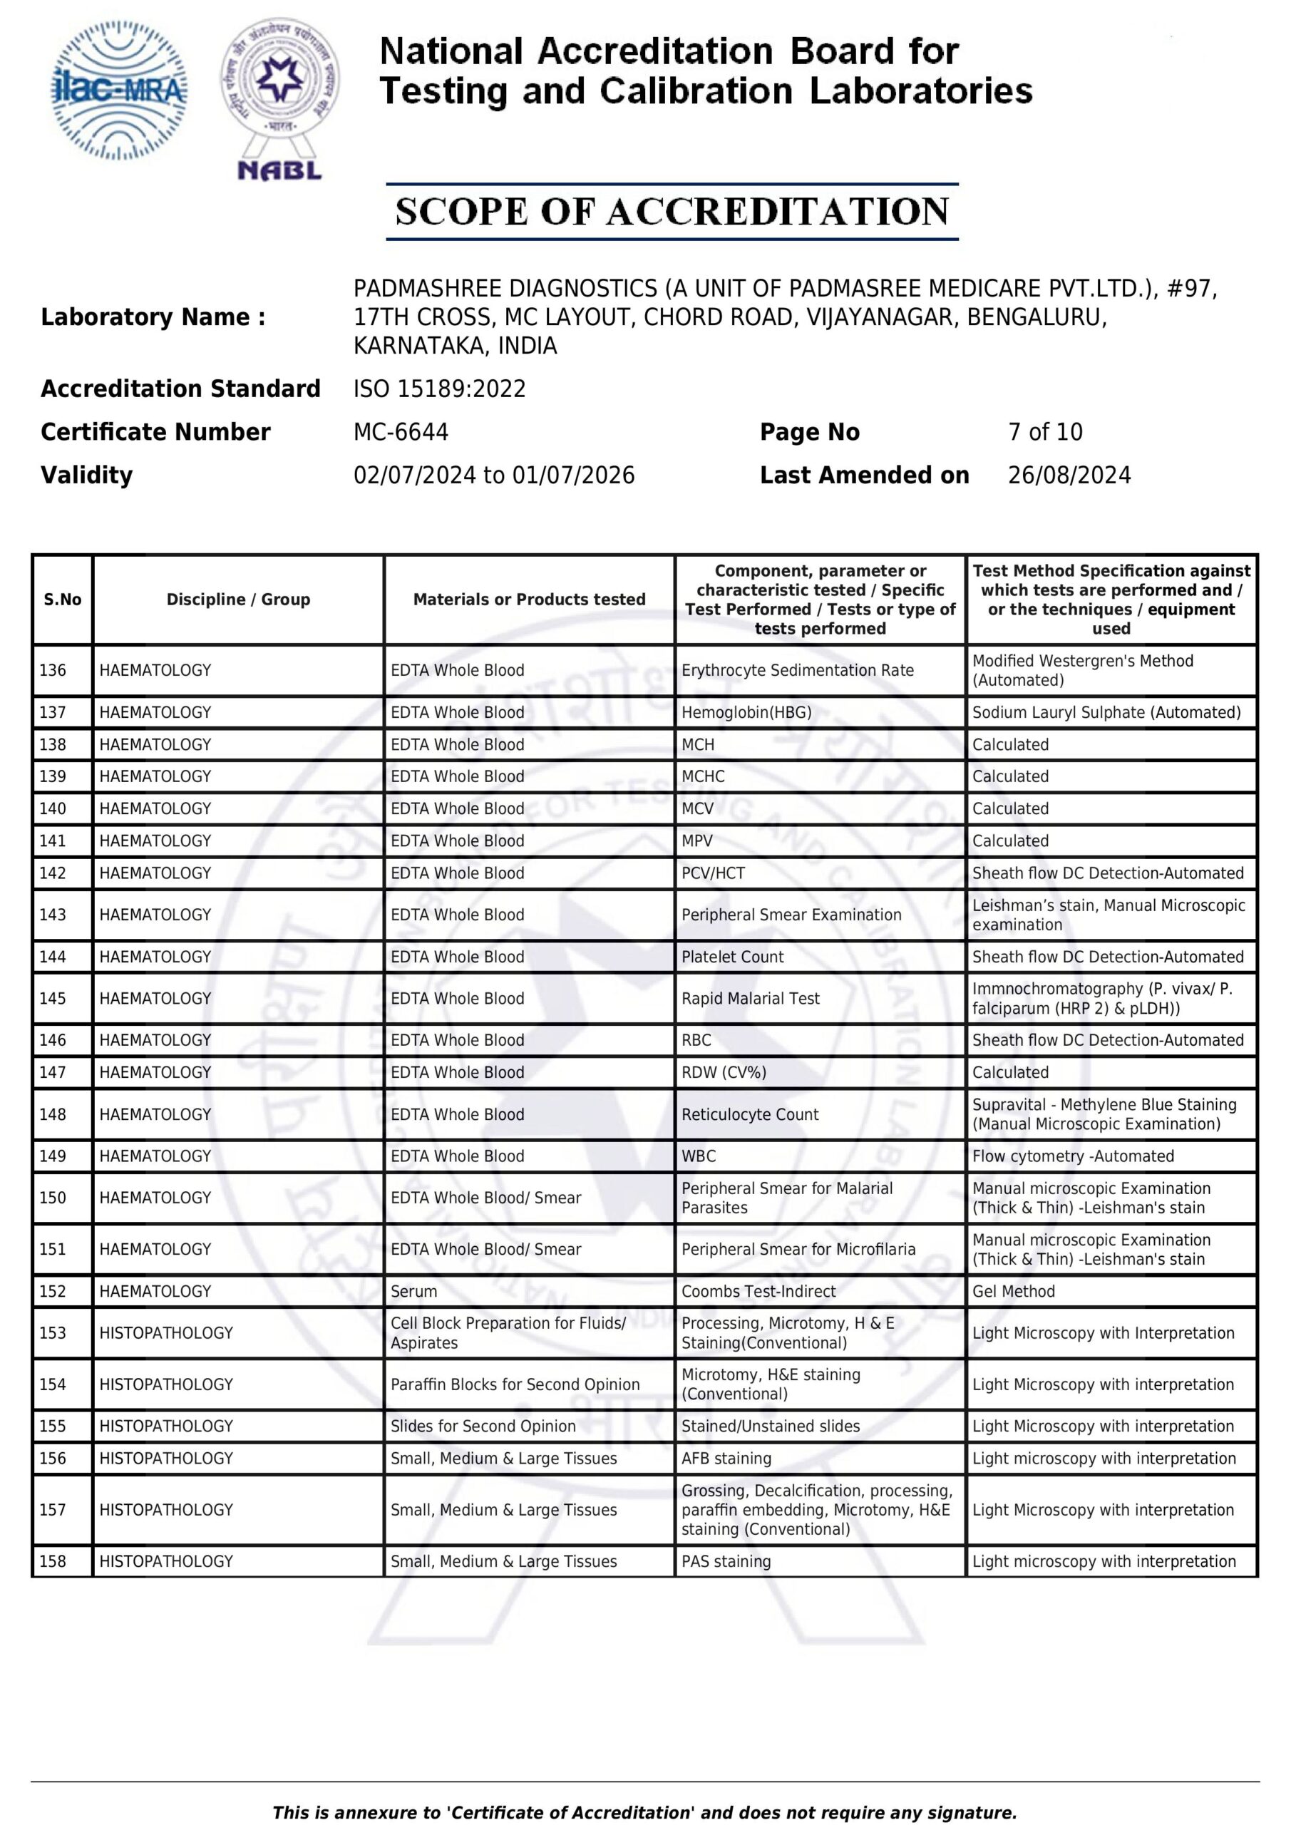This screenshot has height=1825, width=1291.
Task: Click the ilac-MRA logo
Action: pos(119,91)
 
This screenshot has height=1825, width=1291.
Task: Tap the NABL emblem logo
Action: pos(280,99)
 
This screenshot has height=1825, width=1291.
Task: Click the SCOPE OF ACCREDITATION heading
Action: pos(672,212)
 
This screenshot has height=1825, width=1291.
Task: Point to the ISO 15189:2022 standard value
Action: pos(440,389)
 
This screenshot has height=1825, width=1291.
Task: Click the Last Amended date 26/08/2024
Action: pos(1069,475)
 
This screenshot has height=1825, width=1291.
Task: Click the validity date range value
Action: pos(494,475)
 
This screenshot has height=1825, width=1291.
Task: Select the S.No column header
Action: pos(62,600)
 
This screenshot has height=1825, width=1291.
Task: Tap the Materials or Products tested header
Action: pos(529,600)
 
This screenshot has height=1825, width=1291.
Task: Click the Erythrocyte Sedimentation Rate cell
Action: pos(797,670)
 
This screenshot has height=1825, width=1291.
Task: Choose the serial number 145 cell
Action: pos(53,998)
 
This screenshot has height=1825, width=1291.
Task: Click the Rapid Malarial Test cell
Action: pos(750,998)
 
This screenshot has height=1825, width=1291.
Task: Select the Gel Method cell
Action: pos(1013,1292)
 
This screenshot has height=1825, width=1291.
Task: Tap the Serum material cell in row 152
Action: pos(413,1292)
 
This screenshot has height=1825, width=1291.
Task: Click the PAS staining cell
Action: pos(726,1562)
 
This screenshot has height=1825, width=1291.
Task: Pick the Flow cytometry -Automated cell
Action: pos(1072,1156)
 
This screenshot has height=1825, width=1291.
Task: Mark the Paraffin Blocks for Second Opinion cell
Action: pos(515,1384)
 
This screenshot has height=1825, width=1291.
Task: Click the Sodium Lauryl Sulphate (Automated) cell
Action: pos(1106,712)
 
